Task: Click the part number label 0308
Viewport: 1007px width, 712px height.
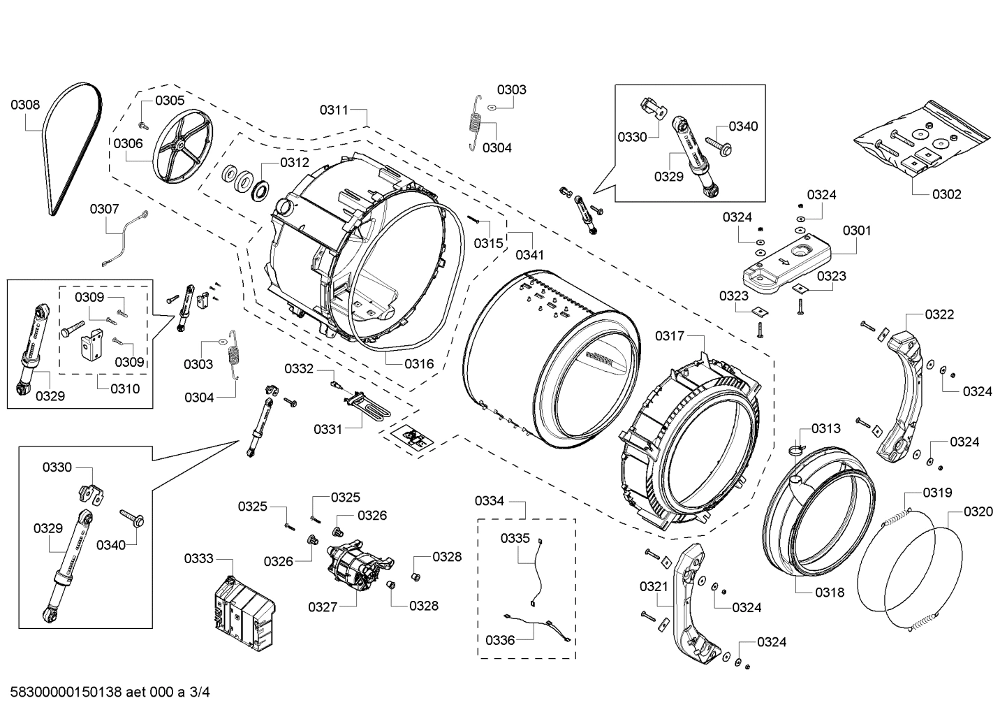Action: pos(25,106)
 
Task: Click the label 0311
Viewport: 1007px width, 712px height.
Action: pos(334,110)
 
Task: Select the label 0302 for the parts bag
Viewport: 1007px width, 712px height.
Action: pos(947,194)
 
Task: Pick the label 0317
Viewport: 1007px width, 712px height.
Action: pos(670,336)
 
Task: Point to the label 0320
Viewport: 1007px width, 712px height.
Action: pos(978,512)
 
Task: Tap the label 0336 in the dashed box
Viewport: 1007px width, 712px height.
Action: pos(500,639)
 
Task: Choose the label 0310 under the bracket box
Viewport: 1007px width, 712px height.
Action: pos(125,388)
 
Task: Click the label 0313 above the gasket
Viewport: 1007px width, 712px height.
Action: pos(825,428)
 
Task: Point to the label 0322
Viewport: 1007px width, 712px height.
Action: pos(939,314)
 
